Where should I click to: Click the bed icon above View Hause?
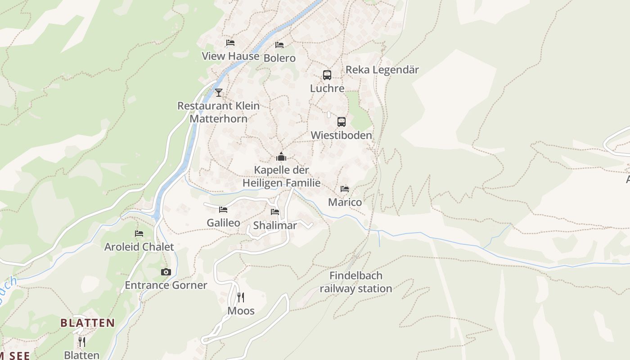point(230,43)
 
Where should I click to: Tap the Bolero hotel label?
point(279,58)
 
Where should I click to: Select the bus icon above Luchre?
point(327,75)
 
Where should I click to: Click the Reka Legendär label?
point(382,70)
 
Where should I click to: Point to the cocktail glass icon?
point(219,93)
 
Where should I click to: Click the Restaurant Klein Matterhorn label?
point(218,112)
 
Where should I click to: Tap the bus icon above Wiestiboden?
point(342,122)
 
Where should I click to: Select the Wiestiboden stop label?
point(341,135)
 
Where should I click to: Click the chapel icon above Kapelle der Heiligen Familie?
point(281,157)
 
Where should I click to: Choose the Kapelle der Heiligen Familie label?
point(281,176)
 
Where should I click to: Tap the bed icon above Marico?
point(345,189)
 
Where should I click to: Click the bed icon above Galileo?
point(223,210)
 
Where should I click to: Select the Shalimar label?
point(275,225)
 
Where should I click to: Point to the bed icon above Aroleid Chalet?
point(139,234)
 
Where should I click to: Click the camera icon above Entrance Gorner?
point(166,272)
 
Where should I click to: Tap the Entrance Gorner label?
point(166,285)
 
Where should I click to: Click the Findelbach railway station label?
point(356,282)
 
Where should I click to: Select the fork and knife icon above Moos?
point(241,297)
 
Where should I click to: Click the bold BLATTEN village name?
point(87,323)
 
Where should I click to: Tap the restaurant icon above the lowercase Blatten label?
point(81,342)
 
